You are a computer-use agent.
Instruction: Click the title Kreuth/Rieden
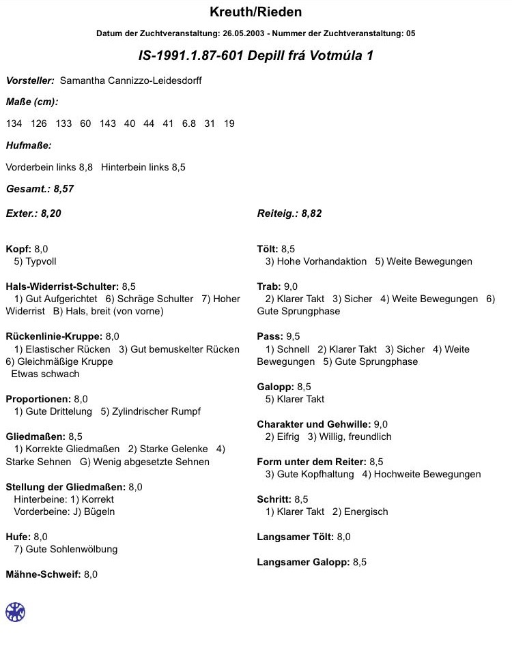click(255, 12)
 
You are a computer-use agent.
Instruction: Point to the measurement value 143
click(107, 123)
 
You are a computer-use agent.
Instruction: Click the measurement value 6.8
click(188, 123)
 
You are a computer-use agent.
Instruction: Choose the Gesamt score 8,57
click(63, 189)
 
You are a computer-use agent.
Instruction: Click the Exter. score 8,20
click(51, 213)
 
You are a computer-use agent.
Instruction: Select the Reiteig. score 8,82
click(311, 213)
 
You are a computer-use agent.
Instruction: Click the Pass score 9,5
click(294, 336)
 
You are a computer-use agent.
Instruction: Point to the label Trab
click(268, 286)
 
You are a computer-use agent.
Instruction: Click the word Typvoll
click(41, 261)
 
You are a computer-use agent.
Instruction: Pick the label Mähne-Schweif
click(42, 574)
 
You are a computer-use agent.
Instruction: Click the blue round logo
click(15, 612)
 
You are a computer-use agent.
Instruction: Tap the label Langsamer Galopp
click(302, 562)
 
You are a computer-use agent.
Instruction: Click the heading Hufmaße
click(29, 145)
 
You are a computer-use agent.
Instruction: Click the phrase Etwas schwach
click(45, 374)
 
